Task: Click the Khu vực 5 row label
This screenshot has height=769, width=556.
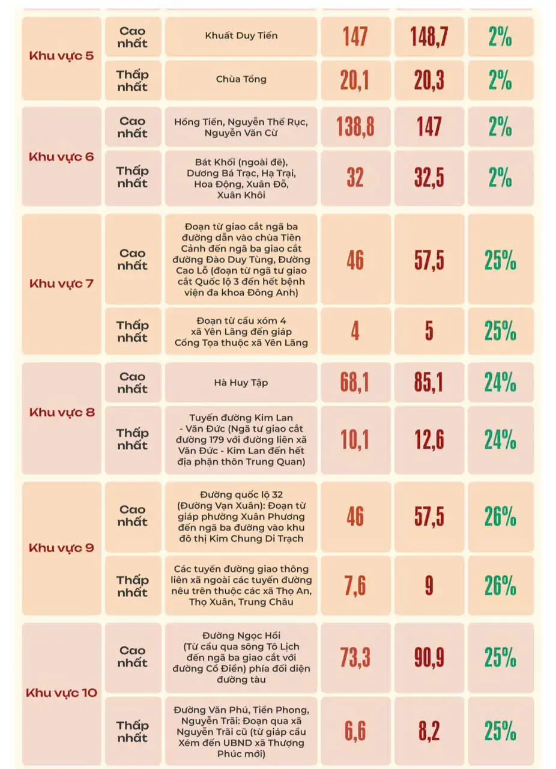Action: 61,58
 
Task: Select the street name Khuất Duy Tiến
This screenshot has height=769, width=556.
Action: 241,36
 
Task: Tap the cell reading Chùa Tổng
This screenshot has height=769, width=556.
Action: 241,79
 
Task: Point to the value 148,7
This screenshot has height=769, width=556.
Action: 429,37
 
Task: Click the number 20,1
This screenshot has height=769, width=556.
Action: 355,81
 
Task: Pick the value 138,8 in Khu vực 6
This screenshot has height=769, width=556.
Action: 355,127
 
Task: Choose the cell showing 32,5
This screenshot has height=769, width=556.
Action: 429,178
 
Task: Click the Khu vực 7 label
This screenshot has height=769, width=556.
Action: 61,283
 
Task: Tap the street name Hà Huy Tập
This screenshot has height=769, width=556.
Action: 241,382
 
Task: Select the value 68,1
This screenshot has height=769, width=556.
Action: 355,383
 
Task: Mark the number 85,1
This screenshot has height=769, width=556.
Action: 429,383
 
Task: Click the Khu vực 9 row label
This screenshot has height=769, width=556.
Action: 61,548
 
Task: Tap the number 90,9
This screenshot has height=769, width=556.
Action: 429,658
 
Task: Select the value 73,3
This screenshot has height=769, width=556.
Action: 355,658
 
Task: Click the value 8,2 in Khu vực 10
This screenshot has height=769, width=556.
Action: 429,731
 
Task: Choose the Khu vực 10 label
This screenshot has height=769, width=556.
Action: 61,693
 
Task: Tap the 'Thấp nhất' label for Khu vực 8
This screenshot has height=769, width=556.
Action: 133,439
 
